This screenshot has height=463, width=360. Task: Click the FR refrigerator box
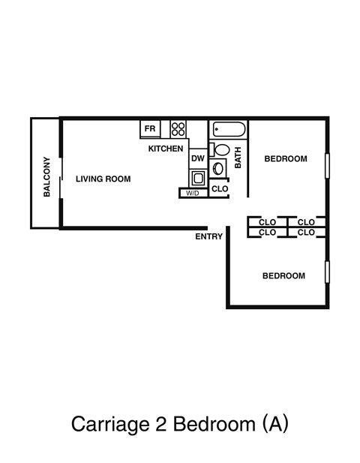[150, 129]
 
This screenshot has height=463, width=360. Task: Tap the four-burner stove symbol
[178, 129]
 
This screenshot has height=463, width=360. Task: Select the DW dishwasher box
[197, 158]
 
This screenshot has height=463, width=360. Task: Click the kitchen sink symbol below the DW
[197, 178]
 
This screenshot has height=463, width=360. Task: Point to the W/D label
[193, 194]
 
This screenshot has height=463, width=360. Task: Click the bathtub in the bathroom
[229, 130]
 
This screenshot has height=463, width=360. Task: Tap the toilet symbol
[214, 149]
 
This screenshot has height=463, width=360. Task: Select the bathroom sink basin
[220, 168]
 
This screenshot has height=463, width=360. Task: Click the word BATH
[238, 158]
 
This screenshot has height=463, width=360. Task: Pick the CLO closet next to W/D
[219, 189]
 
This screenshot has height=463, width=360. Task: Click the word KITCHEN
[166, 149]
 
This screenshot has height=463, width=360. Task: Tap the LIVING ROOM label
[103, 179]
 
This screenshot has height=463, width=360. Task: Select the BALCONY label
[46, 176]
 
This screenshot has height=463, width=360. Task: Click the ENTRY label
[208, 237]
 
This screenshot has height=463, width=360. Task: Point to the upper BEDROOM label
[286, 159]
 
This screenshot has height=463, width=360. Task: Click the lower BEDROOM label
[283, 276]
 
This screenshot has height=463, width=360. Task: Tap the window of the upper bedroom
[326, 166]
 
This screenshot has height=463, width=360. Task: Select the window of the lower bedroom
[326, 272]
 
